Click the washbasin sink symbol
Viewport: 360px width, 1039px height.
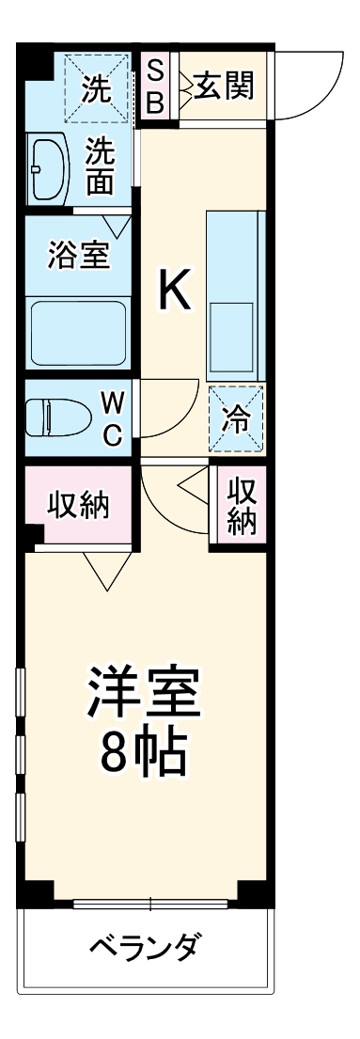(47, 169)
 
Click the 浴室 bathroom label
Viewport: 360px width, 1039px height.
(78, 254)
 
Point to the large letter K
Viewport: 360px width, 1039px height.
(173, 291)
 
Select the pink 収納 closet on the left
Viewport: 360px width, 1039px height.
(79, 505)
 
